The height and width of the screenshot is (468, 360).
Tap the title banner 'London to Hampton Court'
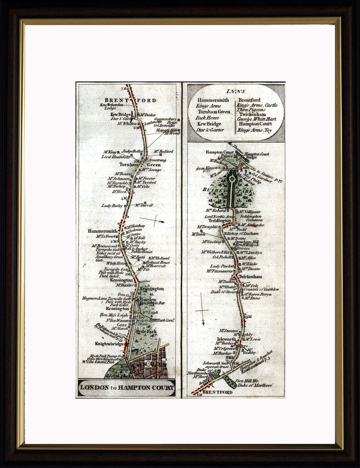coord(127,387)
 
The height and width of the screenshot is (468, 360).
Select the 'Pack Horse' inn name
coord(207,118)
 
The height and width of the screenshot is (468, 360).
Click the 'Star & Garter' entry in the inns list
coord(210,130)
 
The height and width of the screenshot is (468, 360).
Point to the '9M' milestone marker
coord(248,317)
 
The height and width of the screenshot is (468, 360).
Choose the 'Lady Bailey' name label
coord(112,205)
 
